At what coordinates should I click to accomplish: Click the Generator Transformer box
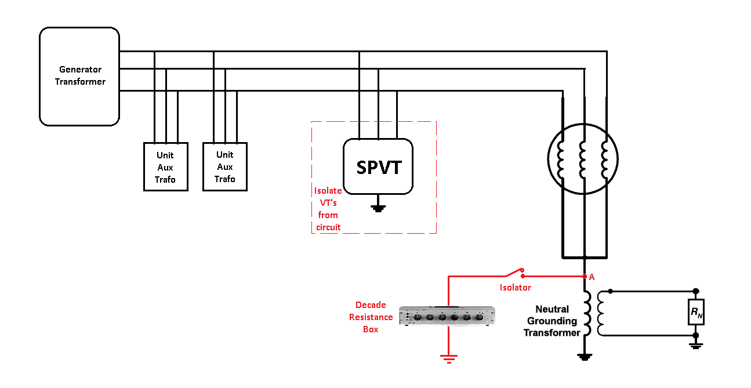[79, 76]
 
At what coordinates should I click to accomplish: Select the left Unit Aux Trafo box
[165, 166]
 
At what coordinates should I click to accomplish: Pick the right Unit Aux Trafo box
[224, 166]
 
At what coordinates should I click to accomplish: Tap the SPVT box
[378, 167]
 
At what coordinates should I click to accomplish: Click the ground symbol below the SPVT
[378, 207]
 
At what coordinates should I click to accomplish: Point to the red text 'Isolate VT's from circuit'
[328, 209]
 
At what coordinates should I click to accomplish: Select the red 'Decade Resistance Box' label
[374, 317]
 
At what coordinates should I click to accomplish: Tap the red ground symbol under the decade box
[448, 358]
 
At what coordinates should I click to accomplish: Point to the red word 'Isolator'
[515, 288]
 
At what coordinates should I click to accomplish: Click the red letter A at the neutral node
[592, 277]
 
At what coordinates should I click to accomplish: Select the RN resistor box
[695, 313]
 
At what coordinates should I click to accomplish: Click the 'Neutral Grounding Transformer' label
[552, 321]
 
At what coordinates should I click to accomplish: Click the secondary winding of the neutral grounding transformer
[601, 313]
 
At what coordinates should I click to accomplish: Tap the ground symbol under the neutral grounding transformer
[585, 357]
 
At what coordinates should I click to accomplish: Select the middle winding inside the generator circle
[583, 159]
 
